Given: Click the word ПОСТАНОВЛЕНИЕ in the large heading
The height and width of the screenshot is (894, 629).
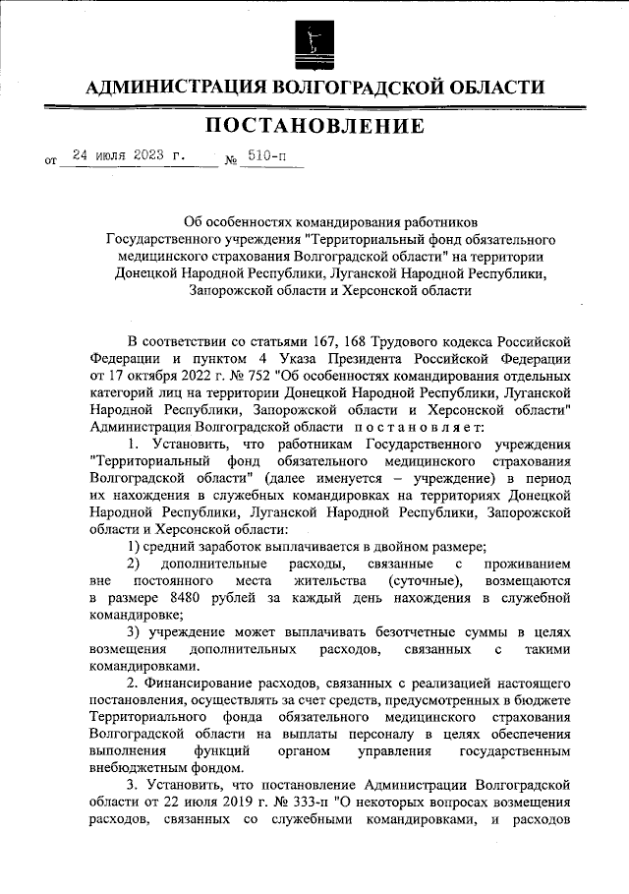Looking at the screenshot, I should click(314, 126).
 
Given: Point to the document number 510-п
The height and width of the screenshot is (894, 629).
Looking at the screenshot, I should click(266, 155).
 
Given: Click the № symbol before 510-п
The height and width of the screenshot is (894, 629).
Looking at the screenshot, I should click(232, 160).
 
